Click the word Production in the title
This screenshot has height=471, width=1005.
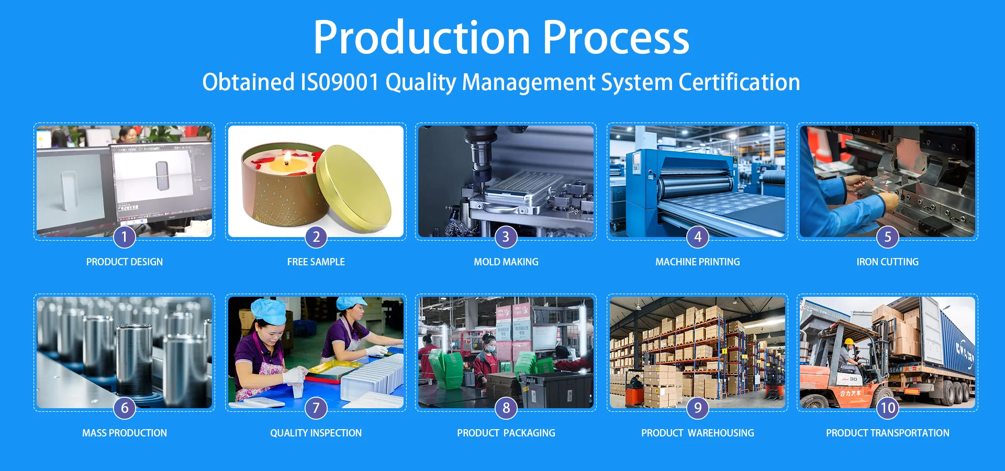[x=422, y=37]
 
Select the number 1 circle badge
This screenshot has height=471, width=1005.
[x=125, y=237]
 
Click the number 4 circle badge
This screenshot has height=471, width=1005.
[x=698, y=237]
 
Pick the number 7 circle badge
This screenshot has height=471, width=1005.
[x=316, y=408]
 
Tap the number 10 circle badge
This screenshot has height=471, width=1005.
[x=888, y=408]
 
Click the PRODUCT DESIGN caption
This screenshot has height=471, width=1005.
[x=125, y=262]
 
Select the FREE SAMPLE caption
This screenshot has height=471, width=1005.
[x=316, y=262]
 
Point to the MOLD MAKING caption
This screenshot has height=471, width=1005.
[x=506, y=262]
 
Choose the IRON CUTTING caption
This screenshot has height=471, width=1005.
[x=888, y=262]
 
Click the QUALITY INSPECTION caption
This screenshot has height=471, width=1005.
[x=316, y=433]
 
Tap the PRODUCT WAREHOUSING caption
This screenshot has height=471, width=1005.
[x=698, y=433]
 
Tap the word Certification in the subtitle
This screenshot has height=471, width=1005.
[x=739, y=82]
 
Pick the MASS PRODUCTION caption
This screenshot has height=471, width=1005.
[x=125, y=433]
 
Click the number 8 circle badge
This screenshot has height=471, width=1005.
[x=506, y=408]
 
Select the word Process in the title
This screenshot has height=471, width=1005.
[x=616, y=37]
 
